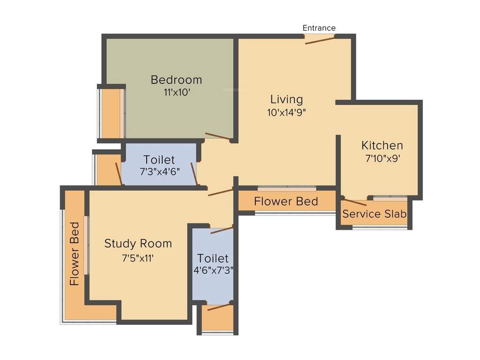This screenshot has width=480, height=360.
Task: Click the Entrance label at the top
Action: (x=319, y=28)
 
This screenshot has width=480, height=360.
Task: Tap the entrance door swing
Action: (x=320, y=40)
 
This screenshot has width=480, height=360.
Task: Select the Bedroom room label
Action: (x=176, y=80)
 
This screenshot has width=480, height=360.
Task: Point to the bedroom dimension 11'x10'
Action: (x=176, y=92)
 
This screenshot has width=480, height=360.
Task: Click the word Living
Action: (x=286, y=99)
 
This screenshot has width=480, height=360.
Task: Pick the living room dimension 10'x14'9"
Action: (x=286, y=112)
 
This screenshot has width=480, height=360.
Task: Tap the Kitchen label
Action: (x=382, y=145)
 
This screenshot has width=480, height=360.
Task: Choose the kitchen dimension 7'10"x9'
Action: (x=382, y=158)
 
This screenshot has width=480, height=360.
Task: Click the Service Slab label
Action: (x=374, y=214)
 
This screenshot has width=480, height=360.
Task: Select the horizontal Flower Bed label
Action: (x=286, y=202)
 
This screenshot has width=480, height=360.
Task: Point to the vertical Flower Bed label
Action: (x=74, y=254)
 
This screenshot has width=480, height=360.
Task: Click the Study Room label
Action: (x=138, y=244)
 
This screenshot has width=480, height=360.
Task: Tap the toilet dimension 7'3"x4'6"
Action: (x=159, y=172)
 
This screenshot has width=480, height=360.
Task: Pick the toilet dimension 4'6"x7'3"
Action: (x=213, y=270)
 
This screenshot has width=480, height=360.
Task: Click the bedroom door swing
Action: (x=218, y=137)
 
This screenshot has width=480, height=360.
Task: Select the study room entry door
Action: (x=220, y=192)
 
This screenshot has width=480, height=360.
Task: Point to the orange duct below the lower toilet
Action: (x=219, y=318)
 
